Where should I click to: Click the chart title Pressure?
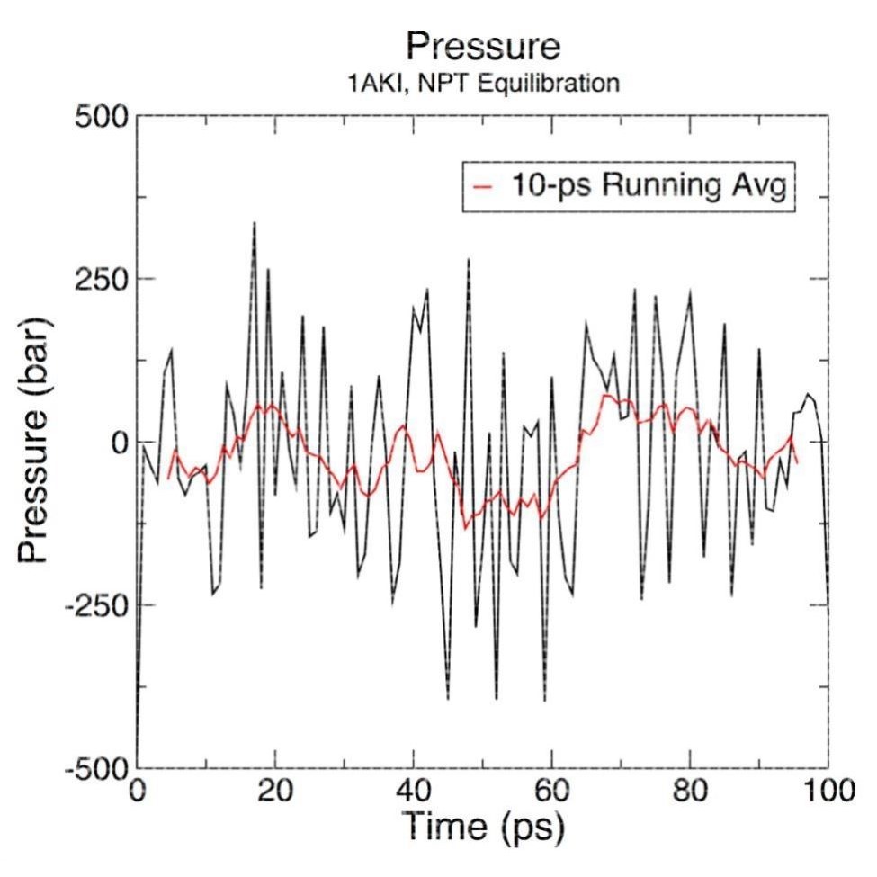(483, 47)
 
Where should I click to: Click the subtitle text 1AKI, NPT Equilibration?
(483, 85)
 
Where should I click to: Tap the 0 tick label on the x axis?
(137, 794)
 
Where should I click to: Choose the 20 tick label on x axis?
(275, 794)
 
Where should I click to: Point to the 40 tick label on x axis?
(414, 794)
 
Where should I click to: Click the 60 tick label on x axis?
(552, 794)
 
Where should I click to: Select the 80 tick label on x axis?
(691, 794)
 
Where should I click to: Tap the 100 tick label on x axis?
(828, 794)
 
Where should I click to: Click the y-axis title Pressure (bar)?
(36, 443)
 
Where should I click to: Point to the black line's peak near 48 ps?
(469, 259)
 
